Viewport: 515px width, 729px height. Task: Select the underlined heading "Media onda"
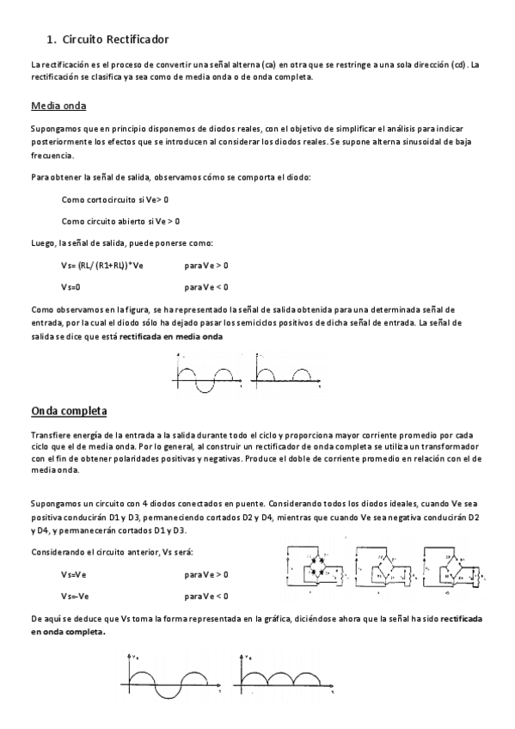pyautogui.click(x=58, y=107)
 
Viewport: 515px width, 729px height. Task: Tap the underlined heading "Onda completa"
pyautogui.click(x=69, y=411)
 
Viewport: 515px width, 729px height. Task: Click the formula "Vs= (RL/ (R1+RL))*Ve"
pyautogui.click(x=101, y=265)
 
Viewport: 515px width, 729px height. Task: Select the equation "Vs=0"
pyautogui.click(x=71, y=286)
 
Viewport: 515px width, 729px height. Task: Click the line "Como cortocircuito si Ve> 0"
pyautogui.click(x=114, y=199)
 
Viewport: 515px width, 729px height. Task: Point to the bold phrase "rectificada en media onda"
pyautogui.click(x=170, y=337)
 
